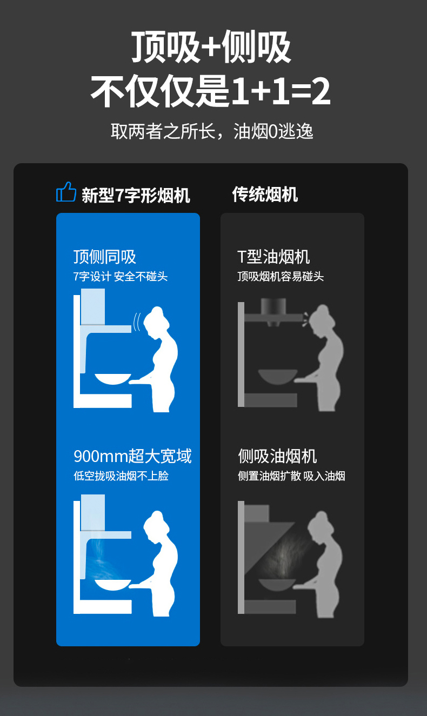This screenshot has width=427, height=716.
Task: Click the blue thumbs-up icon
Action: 66,192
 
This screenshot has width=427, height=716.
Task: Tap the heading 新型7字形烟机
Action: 136,195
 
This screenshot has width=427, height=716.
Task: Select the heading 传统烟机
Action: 265,195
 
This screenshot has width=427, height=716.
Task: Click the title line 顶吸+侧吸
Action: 211,46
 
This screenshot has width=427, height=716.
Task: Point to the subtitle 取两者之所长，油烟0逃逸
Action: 212,131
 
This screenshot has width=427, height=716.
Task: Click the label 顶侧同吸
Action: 105,257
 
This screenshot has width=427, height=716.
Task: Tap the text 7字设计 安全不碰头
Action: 121,277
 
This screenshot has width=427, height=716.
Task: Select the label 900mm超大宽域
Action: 132,456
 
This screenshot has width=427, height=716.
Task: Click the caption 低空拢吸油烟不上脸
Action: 121,476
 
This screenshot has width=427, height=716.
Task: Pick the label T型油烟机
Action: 273,257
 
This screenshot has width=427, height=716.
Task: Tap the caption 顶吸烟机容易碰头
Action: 281,277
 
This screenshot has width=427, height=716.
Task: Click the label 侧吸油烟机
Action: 277,456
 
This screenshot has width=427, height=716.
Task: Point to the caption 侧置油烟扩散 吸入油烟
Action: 291,476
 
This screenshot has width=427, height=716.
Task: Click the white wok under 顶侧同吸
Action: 113,379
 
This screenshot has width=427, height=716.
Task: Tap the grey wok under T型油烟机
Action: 278,377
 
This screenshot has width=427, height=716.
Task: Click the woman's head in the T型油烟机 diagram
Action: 321,318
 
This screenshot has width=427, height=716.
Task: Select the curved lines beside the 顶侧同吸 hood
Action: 137,322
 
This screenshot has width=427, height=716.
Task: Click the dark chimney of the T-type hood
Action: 273,306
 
